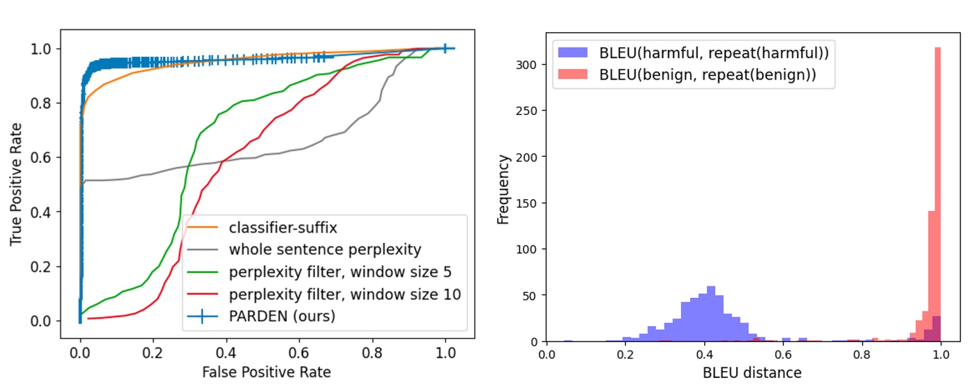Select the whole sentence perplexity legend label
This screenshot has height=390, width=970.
[324, 250]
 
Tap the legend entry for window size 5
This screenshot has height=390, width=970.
[340, 272]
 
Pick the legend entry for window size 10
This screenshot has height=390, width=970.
[345, 295]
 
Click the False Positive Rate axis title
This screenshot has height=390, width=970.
[266, 372]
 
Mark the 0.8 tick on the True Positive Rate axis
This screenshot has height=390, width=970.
[49, 103]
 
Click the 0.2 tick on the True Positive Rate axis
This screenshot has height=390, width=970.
[49, 267]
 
